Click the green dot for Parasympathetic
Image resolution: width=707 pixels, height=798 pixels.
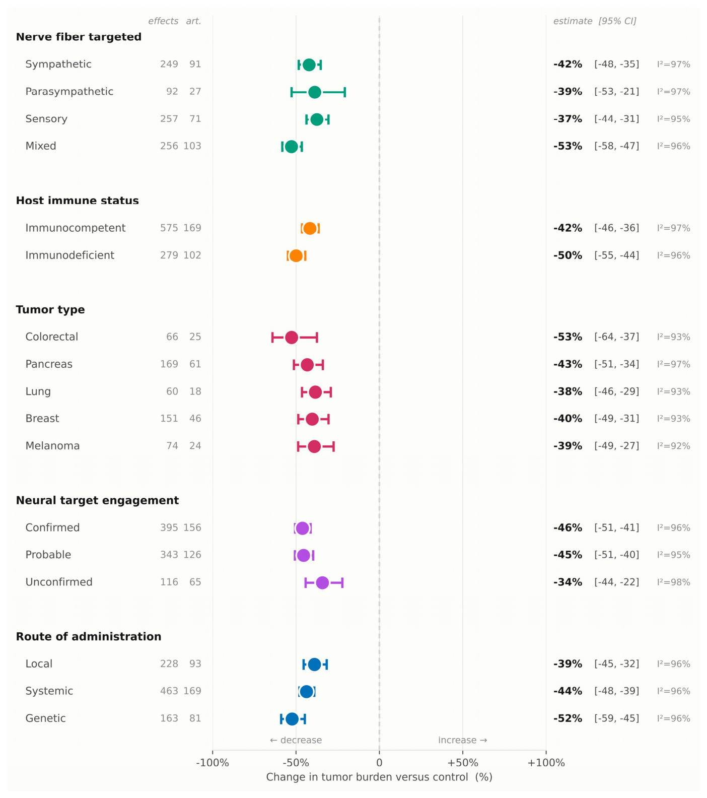[x=314, y=92]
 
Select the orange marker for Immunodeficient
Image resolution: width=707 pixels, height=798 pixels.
[x=296, y=256]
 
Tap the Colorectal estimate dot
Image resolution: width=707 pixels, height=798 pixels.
[x=292, y=338]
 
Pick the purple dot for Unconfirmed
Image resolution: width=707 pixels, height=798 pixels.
[x=322, y=583]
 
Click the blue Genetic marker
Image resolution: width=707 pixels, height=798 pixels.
[x=292, y=719]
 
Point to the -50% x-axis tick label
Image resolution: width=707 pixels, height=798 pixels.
[x=296, y=763]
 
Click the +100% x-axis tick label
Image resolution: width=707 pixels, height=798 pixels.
[x=546, y=763]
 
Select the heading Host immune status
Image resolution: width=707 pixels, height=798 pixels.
[x=78, y=201]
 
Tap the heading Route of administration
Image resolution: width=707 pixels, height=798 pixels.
[x=89, y=637]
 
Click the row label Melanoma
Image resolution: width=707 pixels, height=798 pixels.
[x=52, y=446]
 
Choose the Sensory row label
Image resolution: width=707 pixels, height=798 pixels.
[x=46, y=119]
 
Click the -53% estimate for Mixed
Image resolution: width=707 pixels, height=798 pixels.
[x=568, y=146]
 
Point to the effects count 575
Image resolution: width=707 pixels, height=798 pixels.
[x=169, y=228]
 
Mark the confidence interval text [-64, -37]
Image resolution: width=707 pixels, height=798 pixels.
[x=617, y=337]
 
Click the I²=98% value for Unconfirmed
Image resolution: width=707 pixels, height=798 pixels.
[x=673, y=582]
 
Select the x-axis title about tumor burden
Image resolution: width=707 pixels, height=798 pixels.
[x=379, y=777]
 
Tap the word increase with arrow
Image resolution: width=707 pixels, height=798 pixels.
[x=462, y=740]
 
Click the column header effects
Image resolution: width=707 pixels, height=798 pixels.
[x=163, y=21]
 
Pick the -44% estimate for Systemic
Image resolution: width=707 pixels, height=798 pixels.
[x=568, y=691]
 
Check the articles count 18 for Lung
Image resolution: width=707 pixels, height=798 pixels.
[x=195, y=391]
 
